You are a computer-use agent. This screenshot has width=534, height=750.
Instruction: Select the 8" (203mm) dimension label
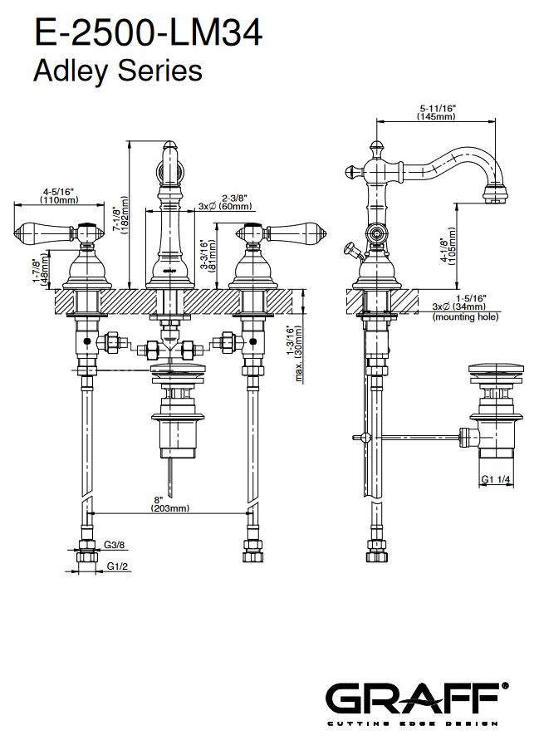(170, 503)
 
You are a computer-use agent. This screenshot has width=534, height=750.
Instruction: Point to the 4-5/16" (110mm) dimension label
(58, 196)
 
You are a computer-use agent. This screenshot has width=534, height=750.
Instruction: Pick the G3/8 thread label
(115, 546)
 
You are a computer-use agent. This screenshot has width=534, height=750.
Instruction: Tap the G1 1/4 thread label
(498, 479)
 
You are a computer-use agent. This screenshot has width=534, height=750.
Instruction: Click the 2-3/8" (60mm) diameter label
(219, 203)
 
